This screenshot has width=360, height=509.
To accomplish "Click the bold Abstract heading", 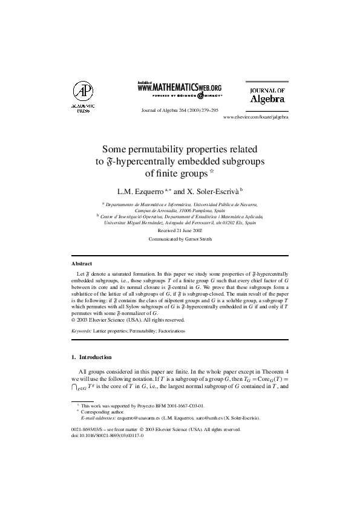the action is [82, 264].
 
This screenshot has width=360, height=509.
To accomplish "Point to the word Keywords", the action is [82, 331].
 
